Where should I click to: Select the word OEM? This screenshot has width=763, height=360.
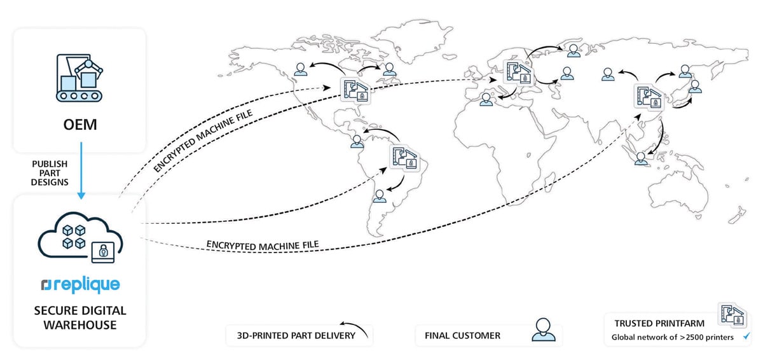point(79,125)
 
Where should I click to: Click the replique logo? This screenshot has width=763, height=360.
point(79,285)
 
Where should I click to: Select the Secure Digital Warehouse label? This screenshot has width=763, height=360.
point(79,318)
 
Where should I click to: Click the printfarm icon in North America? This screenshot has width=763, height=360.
point(355,90)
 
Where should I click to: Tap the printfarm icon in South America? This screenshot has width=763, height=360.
point(404,158)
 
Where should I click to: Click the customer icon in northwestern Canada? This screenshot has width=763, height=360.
point(301,69)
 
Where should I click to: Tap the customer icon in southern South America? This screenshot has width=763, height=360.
point(380,195)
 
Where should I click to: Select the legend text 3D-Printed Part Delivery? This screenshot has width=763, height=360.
point(291,335)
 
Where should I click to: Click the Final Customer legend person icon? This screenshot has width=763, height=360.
point(541,331)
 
